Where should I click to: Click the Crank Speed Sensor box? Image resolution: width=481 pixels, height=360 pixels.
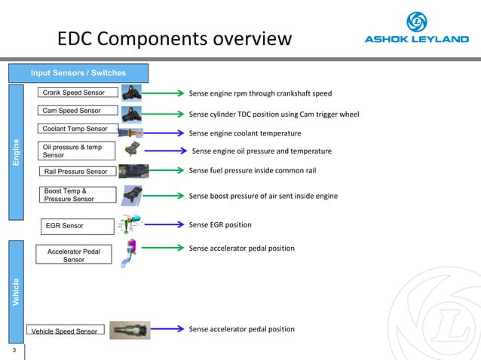point(78,93)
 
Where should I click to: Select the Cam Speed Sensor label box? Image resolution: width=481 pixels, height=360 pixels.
point(78,111)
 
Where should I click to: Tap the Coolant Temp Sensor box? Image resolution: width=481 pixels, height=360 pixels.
point(78,128)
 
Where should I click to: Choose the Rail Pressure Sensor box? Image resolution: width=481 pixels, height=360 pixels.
point(78,172)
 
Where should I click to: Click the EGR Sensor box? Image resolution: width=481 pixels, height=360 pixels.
point(78,224)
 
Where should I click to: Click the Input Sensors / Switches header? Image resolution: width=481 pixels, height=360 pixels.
point(78,73)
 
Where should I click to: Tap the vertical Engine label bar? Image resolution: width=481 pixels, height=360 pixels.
point(16,151)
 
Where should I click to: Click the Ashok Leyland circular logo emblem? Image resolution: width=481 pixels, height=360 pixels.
point(417,22)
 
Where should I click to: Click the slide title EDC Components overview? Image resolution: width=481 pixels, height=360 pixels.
point(175,38)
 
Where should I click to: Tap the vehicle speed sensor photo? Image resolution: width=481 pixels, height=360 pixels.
point(130,330)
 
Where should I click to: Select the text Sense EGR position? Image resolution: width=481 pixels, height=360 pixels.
point(220,224)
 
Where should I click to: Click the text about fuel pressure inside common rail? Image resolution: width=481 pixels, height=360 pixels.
point(252,171)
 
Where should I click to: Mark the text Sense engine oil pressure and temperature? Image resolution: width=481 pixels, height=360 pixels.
point(262,151)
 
